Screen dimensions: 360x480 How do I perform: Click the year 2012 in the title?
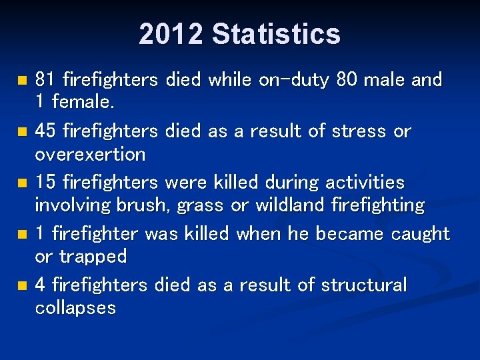[x=171, y=34]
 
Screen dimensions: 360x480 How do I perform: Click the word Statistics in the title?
[x=276, y=34]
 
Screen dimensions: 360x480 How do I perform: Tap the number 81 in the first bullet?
[x=45, y=80]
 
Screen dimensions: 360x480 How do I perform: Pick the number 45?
[x=45, y=131]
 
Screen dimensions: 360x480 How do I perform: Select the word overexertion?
[x=89, y=155]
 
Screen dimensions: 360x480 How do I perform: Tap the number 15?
[x=45, y=183]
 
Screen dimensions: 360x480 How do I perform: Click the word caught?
[x=421, y=234]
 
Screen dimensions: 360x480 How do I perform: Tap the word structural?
[x=363, y=285]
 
